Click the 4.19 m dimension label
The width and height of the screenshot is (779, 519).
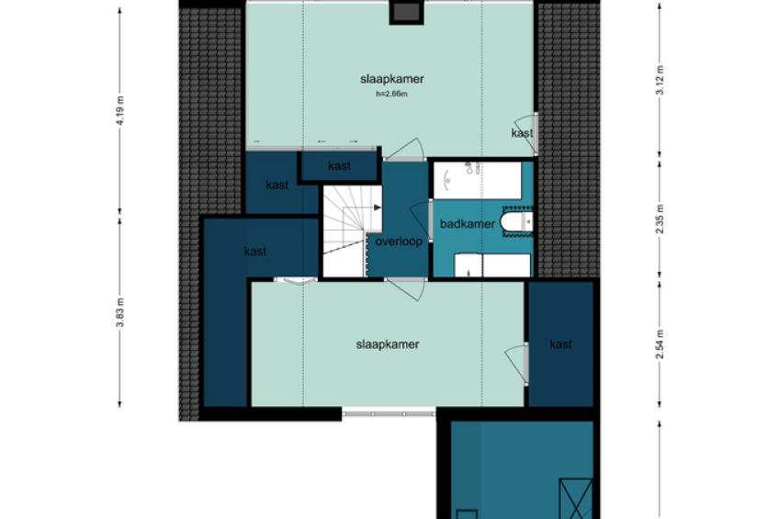click(119, 111)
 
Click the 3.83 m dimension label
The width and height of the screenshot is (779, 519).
click(119, 313)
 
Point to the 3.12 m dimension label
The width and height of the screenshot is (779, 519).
click(660, 80)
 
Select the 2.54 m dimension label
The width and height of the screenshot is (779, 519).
click(660, 344)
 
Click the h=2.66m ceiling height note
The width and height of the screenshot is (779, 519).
click(392, 94)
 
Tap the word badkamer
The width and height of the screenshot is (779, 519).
click(468, 224)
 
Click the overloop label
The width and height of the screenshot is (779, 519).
click(399, 242)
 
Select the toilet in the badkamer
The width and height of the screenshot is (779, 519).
click(516, 221)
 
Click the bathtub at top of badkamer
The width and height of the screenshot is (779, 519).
click(478, 180)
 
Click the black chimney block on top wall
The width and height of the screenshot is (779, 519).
click(406, 13)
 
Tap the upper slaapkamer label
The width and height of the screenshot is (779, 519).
click(392, 79)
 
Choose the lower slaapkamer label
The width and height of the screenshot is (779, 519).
click(388, 344)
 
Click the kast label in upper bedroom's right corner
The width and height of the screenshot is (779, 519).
click(522, 133)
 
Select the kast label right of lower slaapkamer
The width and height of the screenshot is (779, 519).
click(561, 344)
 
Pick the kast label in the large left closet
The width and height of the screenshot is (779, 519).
click(255, 252)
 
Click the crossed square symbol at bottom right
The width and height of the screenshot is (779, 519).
click(576, 499)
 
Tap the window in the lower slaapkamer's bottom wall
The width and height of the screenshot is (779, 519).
click(389, 412)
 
